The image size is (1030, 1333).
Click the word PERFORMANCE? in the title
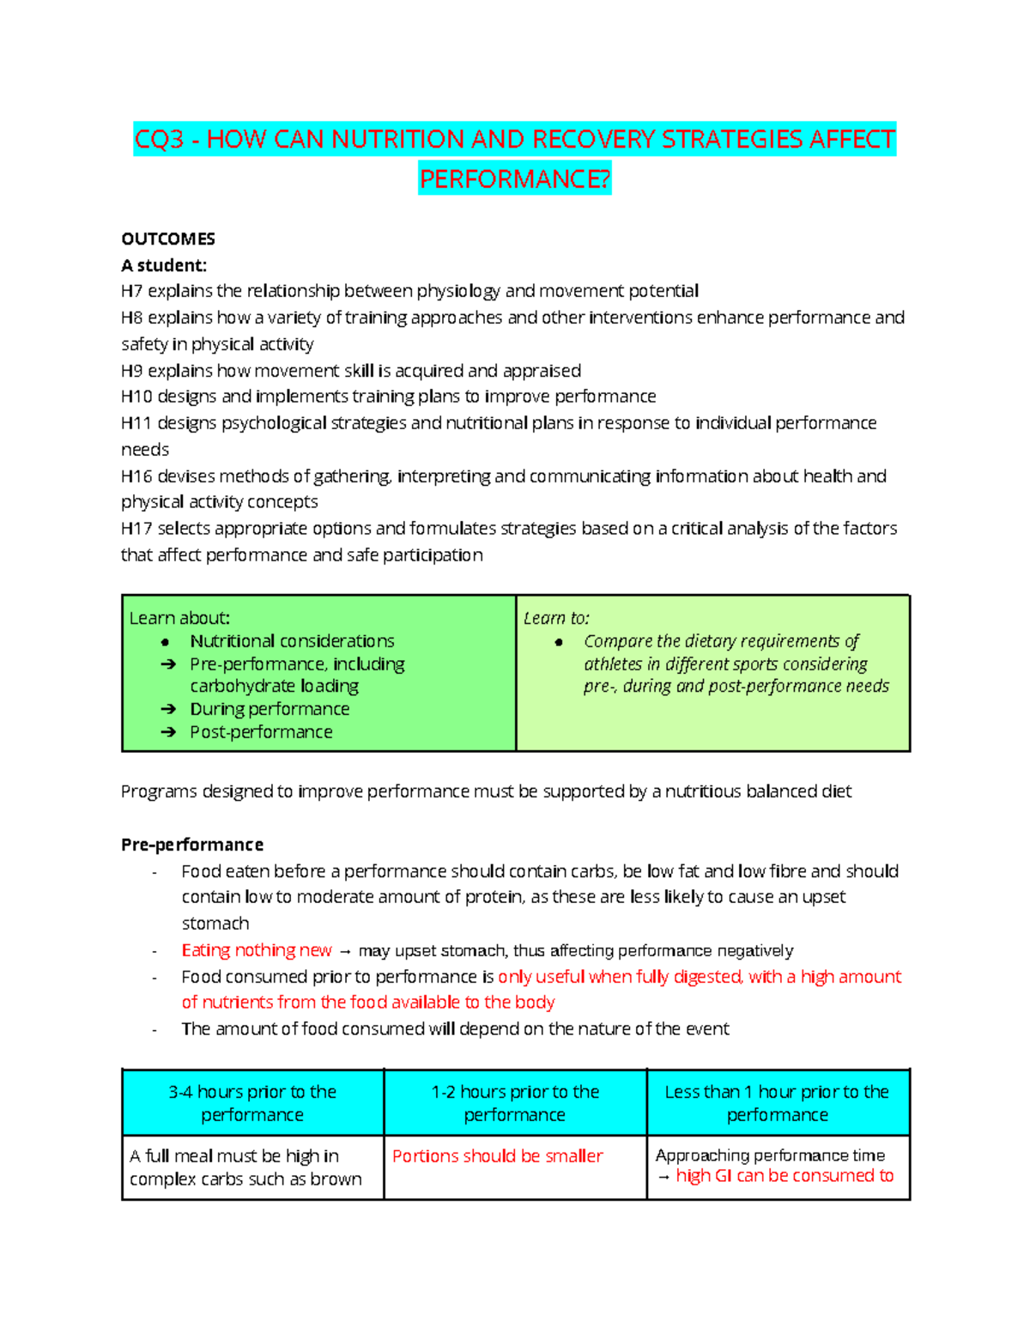click(514, 179)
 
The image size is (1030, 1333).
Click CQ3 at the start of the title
click(160, 139)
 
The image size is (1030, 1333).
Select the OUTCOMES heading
click(168, 239)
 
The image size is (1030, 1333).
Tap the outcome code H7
click(131, 291)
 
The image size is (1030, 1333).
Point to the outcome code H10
click(136, 397)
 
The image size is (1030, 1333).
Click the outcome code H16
click(136, 476)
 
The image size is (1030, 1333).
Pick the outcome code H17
click(136, 529)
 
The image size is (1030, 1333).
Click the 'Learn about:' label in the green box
click(179, 618)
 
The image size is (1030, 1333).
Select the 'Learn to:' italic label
click(556, 618)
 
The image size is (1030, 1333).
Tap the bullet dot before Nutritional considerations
click(166, 642)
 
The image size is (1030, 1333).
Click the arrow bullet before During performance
click(168, 709)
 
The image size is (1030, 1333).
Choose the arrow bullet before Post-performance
click(168, 732)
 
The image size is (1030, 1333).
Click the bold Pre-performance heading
click(192, 845)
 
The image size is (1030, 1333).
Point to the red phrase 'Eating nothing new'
click(257, 950)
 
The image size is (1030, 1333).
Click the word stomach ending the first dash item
click(215, 924)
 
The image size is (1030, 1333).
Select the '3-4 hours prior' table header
click(252, 1103)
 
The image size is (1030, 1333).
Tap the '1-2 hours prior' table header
click(515, 1103)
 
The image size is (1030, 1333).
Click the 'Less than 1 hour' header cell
click(778, 1103)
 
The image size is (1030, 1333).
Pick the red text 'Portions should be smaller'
click(498, 1156)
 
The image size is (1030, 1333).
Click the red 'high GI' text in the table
click(704, 1176)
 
